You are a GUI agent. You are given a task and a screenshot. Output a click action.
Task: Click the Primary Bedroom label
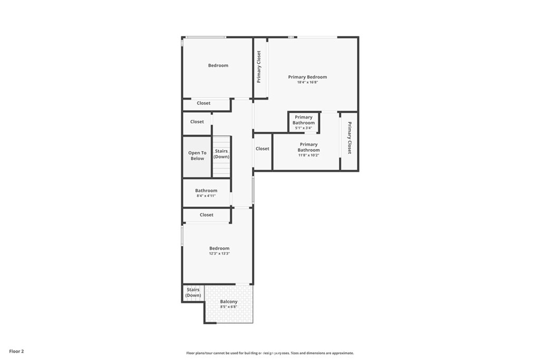pos(307,77)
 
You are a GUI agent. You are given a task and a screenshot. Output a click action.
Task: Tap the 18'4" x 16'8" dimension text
pos(307,83)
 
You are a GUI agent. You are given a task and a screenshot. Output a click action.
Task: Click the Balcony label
pos(229,301)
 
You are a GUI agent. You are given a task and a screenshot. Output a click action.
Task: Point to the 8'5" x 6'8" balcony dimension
pos(229,307)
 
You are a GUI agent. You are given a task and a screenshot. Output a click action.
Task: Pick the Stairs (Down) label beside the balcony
pos(193,293)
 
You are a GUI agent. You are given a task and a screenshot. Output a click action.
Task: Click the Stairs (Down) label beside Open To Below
pos(221,154)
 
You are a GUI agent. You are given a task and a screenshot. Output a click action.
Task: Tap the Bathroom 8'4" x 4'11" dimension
pos(206,196)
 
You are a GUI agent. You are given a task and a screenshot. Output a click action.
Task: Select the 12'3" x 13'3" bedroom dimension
pos(219,254)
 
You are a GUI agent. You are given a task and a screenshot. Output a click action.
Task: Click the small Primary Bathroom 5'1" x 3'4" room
pos(304,122)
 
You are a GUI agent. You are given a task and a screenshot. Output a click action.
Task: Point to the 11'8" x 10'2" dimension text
pos(308,155)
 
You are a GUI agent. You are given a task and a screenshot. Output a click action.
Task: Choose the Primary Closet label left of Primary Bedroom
pos(259,67)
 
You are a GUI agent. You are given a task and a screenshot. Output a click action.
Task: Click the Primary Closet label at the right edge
pos(350,138)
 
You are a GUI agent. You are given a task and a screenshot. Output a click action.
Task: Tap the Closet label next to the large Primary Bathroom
pos(263,149)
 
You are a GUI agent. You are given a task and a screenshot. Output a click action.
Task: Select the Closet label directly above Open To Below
pos(197,122)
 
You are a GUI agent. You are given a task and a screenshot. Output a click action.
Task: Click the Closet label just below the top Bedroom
pos(204,103)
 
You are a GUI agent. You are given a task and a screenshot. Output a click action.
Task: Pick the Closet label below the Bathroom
pos(207,215)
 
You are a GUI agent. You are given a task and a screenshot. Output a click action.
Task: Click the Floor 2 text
pos(16,352)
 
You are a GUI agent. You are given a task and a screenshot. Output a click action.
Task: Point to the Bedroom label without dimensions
pos(218,65)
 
